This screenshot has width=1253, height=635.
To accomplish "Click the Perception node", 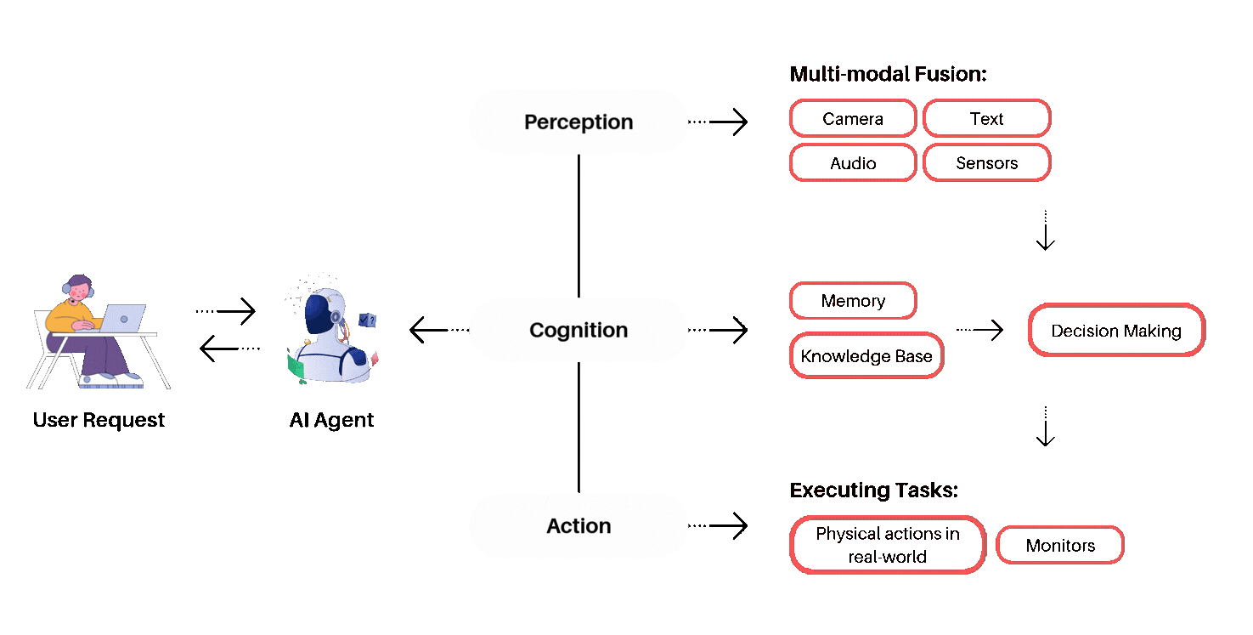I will [x=578, y=122].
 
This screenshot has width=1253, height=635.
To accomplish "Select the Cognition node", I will [x=578, y=330].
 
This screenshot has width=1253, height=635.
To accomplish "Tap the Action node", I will [x=578, y=526].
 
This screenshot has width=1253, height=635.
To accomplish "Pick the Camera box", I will [x=853, y=119].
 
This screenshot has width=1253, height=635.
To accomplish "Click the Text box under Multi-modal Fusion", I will [x=986, y=119].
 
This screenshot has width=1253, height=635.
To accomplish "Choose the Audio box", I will [x=853, y=163].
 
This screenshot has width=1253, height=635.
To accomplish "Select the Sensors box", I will [x=986, y=163].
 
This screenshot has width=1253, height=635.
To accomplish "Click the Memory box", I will [x=853, y=301].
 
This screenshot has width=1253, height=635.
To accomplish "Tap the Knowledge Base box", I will [x=866, y=355].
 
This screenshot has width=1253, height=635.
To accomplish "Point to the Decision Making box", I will [x=1116, y=331].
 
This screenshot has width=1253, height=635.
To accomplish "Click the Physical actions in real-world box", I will [x=888, y=545].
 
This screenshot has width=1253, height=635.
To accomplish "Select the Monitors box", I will [x=1060, y=546].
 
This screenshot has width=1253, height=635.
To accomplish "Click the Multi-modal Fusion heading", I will [x=888, y=74].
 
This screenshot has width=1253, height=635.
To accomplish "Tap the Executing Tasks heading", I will [x=873, y=490].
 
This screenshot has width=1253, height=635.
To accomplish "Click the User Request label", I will [x=99, y=420].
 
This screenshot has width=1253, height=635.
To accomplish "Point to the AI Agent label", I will [x=331, y=420].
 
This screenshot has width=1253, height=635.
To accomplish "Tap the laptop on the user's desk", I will [x=122, y=318].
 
